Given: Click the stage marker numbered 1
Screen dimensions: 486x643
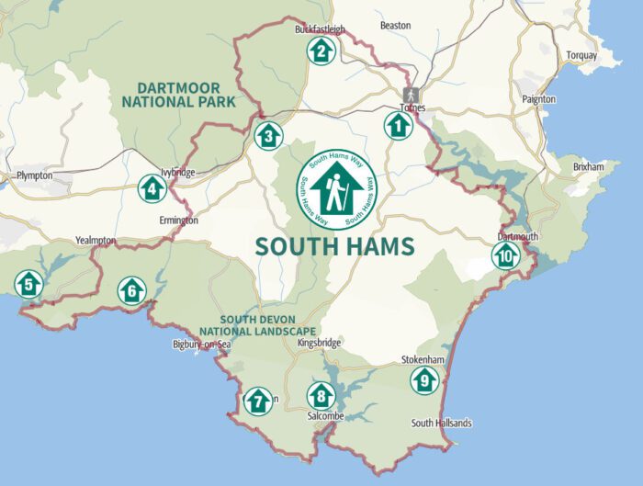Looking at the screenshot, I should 398,125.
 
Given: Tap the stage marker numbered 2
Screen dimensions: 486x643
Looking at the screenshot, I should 321,50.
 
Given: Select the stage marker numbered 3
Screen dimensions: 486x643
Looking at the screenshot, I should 267,136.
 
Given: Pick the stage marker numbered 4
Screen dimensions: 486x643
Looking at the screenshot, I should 152,188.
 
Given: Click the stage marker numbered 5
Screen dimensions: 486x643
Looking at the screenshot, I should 28,285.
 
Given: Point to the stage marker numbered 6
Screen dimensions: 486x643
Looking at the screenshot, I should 132,291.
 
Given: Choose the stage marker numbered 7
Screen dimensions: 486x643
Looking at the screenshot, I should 258,401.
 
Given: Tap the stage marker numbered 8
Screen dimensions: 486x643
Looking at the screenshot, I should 321,396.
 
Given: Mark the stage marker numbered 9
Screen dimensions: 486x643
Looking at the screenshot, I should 423,380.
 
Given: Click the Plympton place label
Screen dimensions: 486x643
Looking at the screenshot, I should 34,175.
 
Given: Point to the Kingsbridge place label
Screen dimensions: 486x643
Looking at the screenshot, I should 320,343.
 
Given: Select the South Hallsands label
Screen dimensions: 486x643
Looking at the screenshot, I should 441,423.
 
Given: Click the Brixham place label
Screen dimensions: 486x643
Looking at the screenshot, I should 588,167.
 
